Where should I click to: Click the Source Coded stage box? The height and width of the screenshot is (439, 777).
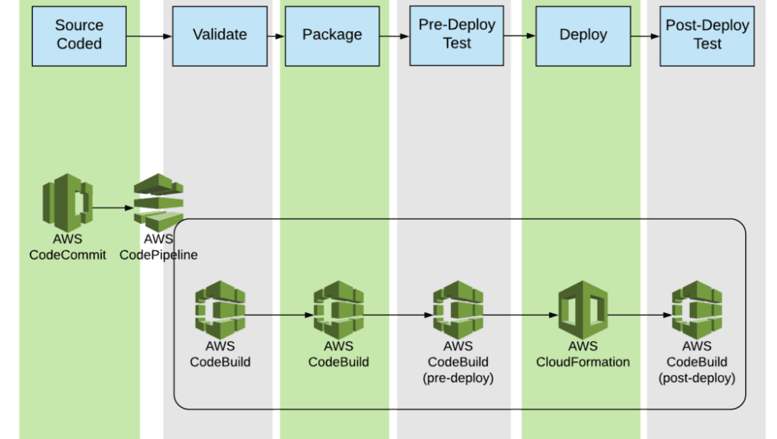click(x=79, y=36)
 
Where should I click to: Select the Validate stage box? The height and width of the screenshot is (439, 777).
click(x=220, y=36)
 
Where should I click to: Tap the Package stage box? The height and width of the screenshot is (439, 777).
click(x=332, y=36)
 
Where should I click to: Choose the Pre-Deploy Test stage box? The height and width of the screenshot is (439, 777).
click(x=457, y=36)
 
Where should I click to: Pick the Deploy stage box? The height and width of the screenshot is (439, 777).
click(x=583, y=36)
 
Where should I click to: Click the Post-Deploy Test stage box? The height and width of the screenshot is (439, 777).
click(x=707, y=36)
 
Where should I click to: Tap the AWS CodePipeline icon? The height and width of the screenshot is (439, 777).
click(x=159, y=202)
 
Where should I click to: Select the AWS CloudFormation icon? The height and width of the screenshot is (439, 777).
click(x=583, y=310)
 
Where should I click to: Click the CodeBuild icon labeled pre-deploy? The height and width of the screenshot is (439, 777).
click(x=458, y=310)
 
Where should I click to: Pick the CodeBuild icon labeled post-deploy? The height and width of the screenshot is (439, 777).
click(x=697, y=310)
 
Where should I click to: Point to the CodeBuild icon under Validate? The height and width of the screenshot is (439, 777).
click(x=220, y=310)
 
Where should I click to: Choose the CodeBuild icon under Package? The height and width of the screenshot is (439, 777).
click(x=339, y=310)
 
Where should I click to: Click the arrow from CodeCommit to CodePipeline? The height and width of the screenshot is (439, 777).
click(x=113, y=207)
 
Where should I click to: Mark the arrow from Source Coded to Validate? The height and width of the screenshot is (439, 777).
click(x=149, y=36)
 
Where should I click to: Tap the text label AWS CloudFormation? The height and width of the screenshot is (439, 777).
click(x=583, y=354)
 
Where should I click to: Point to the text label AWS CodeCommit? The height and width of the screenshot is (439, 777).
click(x=68, y=247)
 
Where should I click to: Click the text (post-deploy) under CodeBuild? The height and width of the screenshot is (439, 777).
click(x=697, y=378)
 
